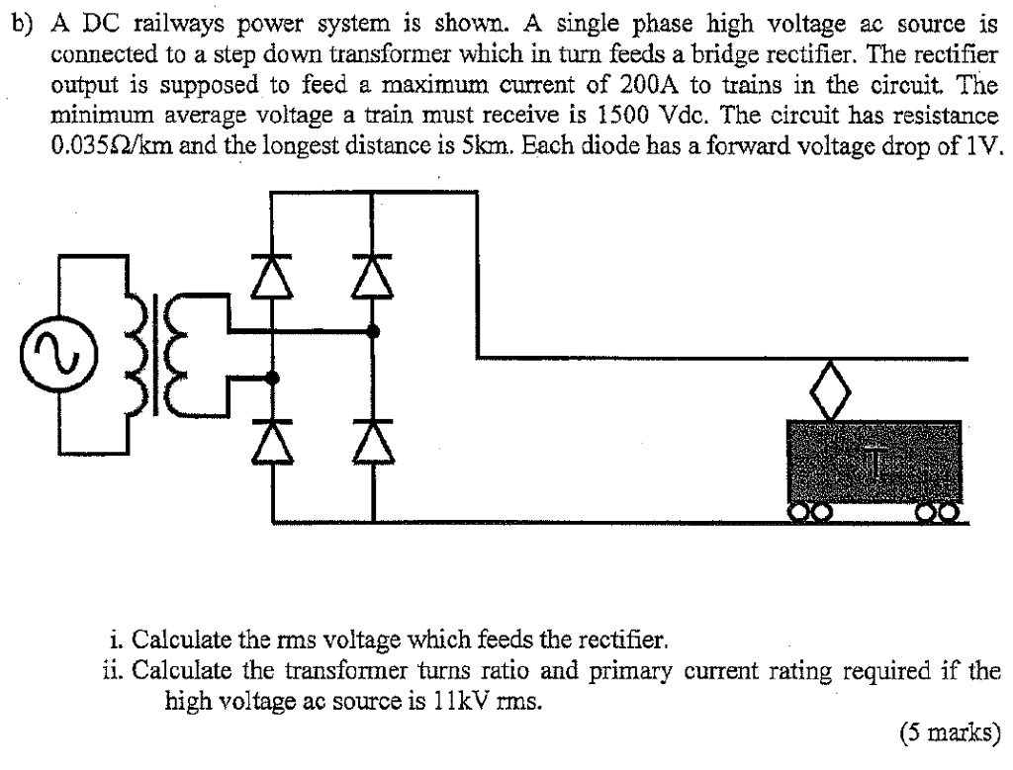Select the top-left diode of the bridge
pyautogui.click(x=273, y=274)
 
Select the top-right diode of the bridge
pyautogui.click(x=373, y=274)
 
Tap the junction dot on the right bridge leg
pyautogui.click(x=373, y=332)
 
